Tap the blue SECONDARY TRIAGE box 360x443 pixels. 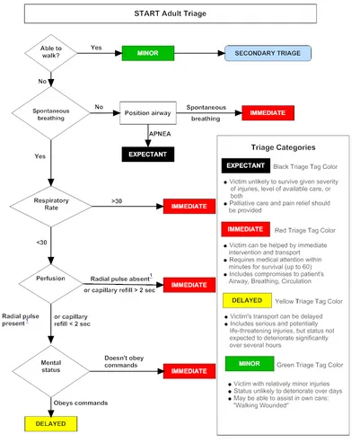click(268, 53)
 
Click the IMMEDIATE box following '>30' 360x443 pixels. click(189, 207)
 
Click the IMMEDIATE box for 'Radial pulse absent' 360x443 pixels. click(189, 284)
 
